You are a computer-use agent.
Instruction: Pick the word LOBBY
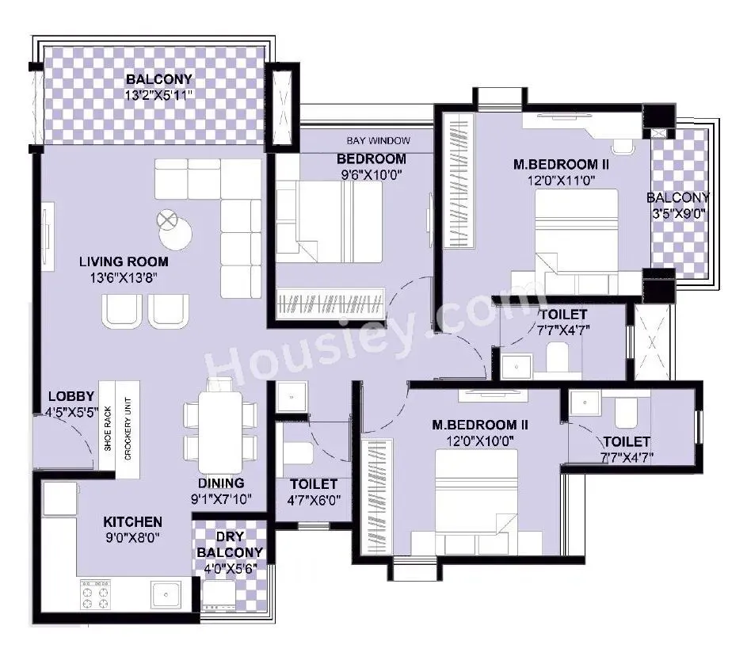click(71, 396)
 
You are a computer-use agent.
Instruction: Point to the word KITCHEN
click(132, 522)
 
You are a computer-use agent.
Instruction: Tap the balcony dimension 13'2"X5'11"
click(159, 95)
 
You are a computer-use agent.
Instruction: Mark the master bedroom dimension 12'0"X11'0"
click(555, 181)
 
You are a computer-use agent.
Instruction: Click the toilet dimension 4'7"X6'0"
click(314, 501)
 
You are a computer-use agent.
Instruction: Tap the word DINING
click(222, 483)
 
